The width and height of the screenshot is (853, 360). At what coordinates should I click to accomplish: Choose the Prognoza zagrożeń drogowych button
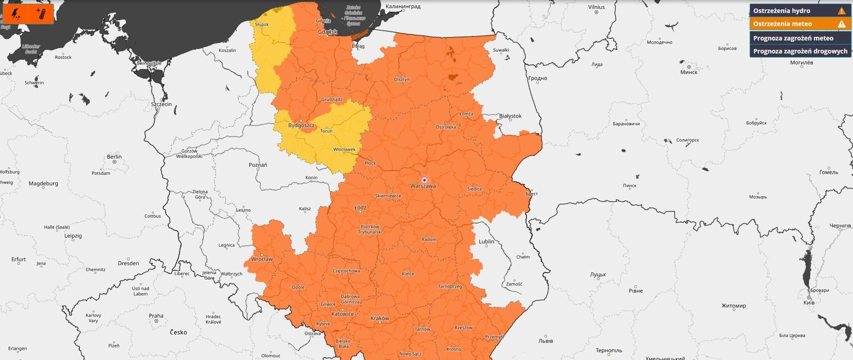(x=800, y=51)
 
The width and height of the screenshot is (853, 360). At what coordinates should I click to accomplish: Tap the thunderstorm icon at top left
(x=16, y=14)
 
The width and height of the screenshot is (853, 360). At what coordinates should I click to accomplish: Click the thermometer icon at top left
(x=41, y=14)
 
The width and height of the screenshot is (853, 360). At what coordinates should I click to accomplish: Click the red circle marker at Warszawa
(x=424, y=180)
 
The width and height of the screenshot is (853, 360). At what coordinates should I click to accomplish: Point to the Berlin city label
(x=114, y=157)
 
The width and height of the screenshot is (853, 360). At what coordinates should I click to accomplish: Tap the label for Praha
(x=156, y=316)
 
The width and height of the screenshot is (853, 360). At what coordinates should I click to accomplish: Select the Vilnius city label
(x=596, y=7)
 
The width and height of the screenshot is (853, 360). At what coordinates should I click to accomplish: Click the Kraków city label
(x=379, y=318)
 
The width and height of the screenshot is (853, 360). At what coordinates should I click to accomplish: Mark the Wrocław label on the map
(x=262, y=259)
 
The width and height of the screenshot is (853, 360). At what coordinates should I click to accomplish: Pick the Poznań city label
(x=258, y=165)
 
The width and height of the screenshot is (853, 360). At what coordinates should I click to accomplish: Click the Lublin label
(x=486, y=242)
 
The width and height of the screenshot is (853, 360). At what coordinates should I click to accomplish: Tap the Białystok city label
(x=510, y=116)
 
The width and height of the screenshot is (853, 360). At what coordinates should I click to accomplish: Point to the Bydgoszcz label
(x=301, y=125)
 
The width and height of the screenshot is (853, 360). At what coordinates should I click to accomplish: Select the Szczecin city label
(x=161, y=104)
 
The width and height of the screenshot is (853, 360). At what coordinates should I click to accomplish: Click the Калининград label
(x=403, y=6)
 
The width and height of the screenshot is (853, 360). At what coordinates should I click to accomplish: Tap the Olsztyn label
(x=402, y=80)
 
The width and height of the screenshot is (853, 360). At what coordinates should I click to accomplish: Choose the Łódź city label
(x=360, y=208)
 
